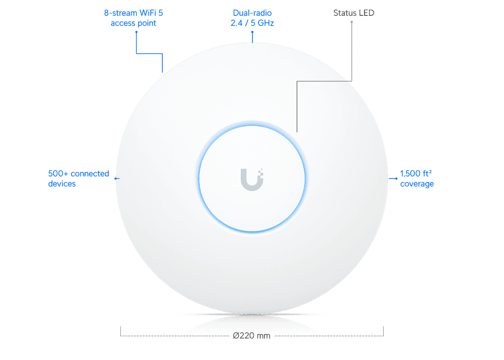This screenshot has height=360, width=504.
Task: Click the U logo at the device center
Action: [x=252, y=179]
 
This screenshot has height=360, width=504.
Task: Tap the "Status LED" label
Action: [x=354, y=13]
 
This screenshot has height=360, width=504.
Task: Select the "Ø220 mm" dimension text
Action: [x=252, y=336]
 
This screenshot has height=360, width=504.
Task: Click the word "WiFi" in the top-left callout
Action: [x=147, y=13]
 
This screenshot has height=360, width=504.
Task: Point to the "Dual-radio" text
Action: [x=252, y=13]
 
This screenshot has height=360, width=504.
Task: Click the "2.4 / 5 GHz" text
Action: [x=252, y=23]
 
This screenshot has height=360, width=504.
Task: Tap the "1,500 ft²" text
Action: [x=416, y=173]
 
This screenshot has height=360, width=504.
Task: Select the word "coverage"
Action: [x=417, y=184]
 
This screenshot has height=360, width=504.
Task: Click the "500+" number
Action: [x=58, y=174]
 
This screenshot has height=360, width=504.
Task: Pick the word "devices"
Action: [x=62, y=184]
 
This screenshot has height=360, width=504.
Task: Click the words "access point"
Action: [x=133, y=23]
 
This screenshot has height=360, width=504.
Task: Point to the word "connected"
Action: [x=90, y=174]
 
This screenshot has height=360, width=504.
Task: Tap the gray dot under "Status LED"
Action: [x=352, y=22]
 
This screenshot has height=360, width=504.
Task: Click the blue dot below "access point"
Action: [x=136, y=32]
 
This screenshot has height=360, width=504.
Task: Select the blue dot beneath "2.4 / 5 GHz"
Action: [x=252, y=32]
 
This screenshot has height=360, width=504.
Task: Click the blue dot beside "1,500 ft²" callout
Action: [x=396, y=178]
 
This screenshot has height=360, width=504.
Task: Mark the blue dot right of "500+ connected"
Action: [x=116, y=178]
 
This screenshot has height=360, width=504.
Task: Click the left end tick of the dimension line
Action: [x=120, y=332]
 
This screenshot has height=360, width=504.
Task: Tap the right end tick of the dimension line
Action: [x=384, y=332]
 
